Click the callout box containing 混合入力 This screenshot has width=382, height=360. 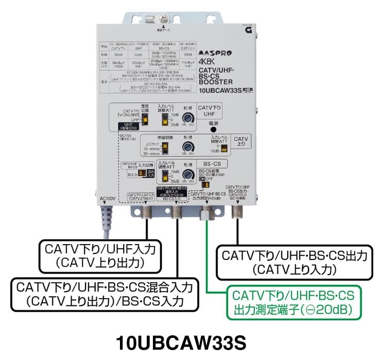click(106, 294)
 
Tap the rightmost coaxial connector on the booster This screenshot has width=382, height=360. click(238, 212)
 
